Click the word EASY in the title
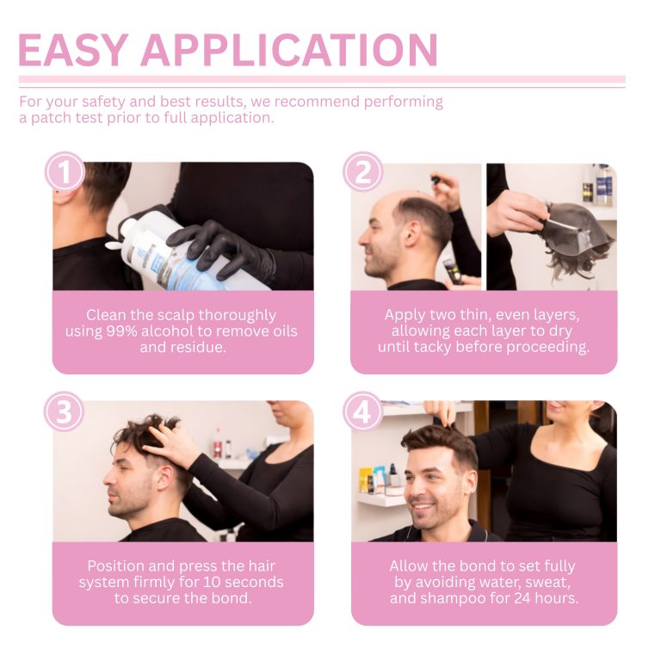pos(73,50)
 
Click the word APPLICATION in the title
pos(289,50)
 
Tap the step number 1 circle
pos(65,171)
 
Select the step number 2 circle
pos(362,171)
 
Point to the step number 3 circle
pos(64,411)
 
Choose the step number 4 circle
pos(362,411)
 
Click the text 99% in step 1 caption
pos(121,331)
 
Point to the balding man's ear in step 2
pos(411,234)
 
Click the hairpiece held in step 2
pos(578,235)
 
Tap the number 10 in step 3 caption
pos(212,582)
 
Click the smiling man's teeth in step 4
pos(423,506)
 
